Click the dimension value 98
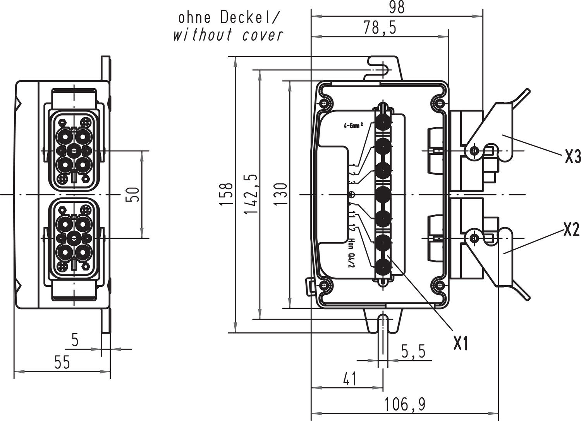(x=396, y=8)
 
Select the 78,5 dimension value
(x=380, y=28)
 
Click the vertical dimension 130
(x=282, y=194)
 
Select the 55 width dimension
(x=62, y=363)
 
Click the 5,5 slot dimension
(x=413, y=352)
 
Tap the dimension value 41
(x=349, y=379)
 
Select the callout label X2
(x=571, y=231)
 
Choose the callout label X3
(x=572, y=157)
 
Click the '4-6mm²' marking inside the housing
(x=353, y=126)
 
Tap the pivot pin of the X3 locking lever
(x=473, y=150)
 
